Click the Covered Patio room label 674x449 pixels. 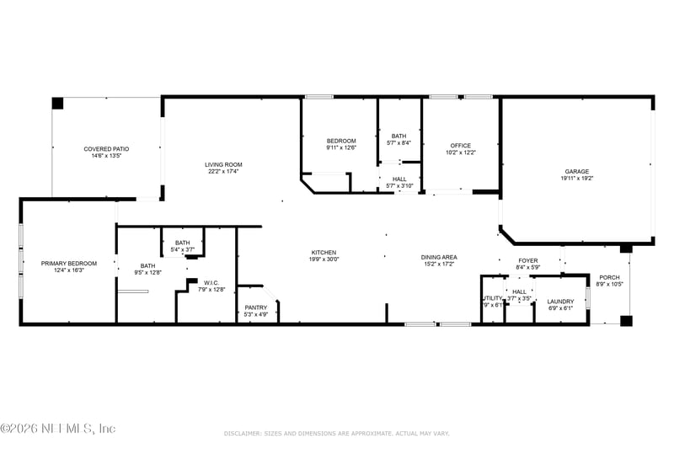105,148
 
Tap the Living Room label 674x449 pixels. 223,164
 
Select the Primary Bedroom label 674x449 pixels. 69,264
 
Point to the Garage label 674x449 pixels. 577,171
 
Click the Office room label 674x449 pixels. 460,146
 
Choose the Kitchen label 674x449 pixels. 324,253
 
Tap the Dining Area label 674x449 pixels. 438,257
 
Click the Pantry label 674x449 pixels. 256,307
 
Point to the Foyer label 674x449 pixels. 528,261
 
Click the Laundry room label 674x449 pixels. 560,302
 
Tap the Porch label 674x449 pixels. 609,277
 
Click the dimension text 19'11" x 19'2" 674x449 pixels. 577,179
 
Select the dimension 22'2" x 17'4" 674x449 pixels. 223,172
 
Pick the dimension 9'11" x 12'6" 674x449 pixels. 341,148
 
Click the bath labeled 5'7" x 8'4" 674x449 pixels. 399,139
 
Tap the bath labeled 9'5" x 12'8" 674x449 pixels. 147,269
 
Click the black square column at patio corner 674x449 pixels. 57,104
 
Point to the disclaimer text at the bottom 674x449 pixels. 336,433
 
